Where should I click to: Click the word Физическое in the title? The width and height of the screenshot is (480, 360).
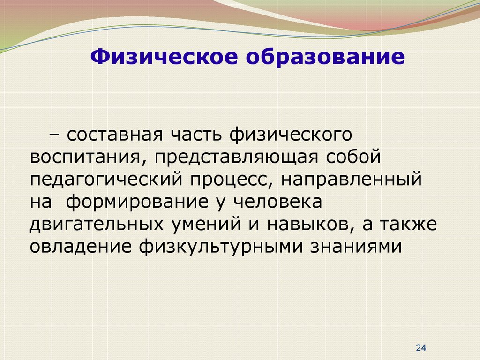pyautogui.click(x=164, y=57)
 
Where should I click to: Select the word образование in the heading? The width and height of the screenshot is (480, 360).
pyautogui.click(x=325, y=56)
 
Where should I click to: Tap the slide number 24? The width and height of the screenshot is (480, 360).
pyautogui.click(x=421, y=348)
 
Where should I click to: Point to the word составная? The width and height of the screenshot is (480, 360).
pyautogui.click(x=115, y=135)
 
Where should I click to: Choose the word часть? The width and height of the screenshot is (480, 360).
pyautogui.click(x=196, y=135)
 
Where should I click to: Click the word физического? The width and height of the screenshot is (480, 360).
pyautogui.click(x=291, y=135)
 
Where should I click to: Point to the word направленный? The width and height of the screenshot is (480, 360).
pyautogui.click(x=352, y=180)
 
